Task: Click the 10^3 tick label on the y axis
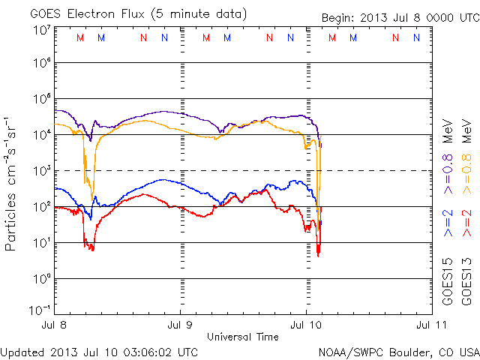tap(41, 172)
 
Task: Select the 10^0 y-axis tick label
tap(41, 280)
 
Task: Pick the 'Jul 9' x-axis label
tap(179, 325)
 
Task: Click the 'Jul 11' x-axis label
tap(425, 325)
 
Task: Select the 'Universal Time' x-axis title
tap(242, 337)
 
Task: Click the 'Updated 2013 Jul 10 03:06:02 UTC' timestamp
tap(100, 351)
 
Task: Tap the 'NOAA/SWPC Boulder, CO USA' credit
tap(398, 351)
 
